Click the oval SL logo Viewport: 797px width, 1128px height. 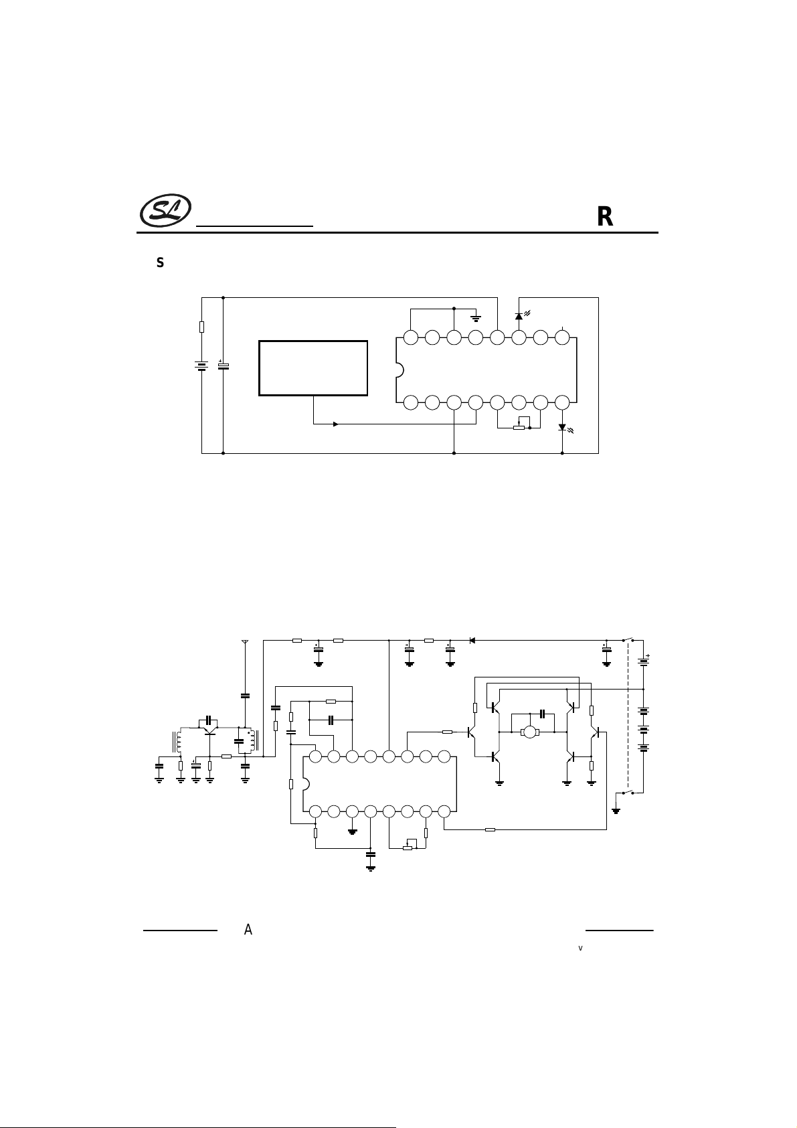[165, 210]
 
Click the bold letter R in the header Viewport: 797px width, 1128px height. [605, 217]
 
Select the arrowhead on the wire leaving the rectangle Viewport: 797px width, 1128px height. [336, 424]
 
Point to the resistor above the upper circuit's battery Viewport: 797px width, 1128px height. [201, 327]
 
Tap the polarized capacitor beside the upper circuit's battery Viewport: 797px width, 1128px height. [223, 366]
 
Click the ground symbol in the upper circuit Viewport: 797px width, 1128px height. [476, 318]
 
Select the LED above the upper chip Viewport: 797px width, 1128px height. [519, 316]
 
